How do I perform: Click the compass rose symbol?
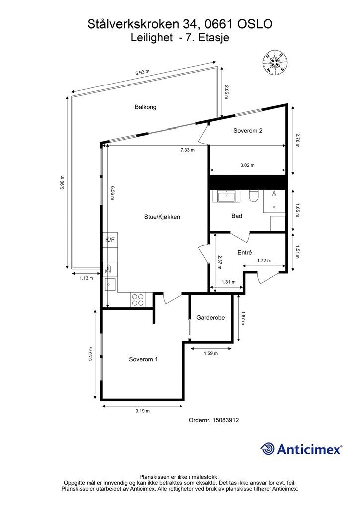click(275, 62)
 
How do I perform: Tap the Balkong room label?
click(145, 107)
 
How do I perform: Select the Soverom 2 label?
click(248, 131)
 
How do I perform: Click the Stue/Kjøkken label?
click(162, 217)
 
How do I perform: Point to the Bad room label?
click(236, 216)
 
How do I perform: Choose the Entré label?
click(245, 252)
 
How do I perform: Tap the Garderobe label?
click(210, 318)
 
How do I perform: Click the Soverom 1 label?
click(143, 359)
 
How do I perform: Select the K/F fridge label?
click(110, 240)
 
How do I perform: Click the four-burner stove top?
click(138, 299)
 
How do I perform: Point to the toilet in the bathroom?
click(254, 196)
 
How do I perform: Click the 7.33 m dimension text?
click(187, 150)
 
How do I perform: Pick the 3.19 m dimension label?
click(142, 411)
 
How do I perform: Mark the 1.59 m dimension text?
click(211, 353)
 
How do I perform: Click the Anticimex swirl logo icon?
click(268, 449)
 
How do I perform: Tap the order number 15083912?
click(225, 420)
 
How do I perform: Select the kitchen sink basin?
click(109, 285)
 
